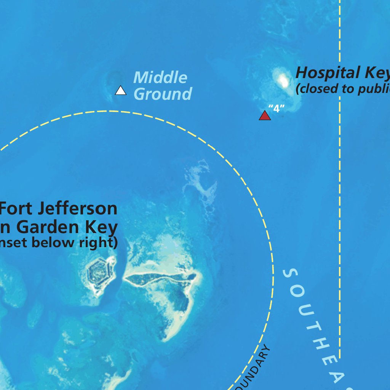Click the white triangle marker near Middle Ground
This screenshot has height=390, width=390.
(120, 91)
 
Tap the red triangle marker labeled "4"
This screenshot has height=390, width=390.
(265, 115)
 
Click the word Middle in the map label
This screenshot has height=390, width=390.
(160, 78)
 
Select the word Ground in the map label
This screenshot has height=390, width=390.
(163, 94)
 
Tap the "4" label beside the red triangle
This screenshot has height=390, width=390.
(277, 109)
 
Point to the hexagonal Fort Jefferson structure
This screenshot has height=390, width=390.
(98, 273)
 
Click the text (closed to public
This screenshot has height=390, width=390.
(342, 89)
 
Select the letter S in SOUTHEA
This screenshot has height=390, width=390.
(291, 273)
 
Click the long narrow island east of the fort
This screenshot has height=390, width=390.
(160, 280)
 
